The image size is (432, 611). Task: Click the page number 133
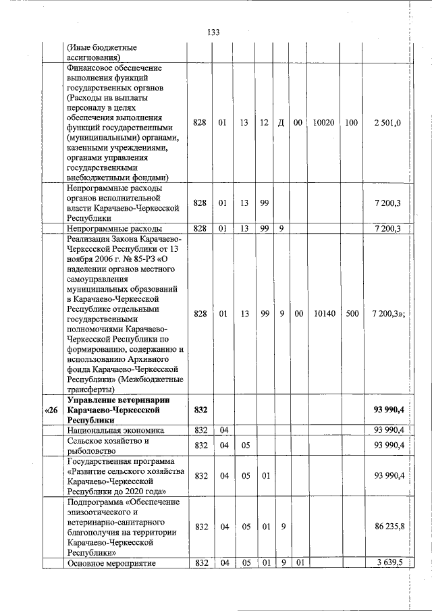point(214,32)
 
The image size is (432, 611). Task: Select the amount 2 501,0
point(387,122)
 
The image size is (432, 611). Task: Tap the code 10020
point(324,122)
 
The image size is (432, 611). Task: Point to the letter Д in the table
point(281,122)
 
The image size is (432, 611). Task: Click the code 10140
point(324,314)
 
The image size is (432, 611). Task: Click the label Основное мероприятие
point(111,563)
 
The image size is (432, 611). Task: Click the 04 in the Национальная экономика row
point(223,430)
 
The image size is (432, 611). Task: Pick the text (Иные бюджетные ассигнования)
point(101,53)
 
